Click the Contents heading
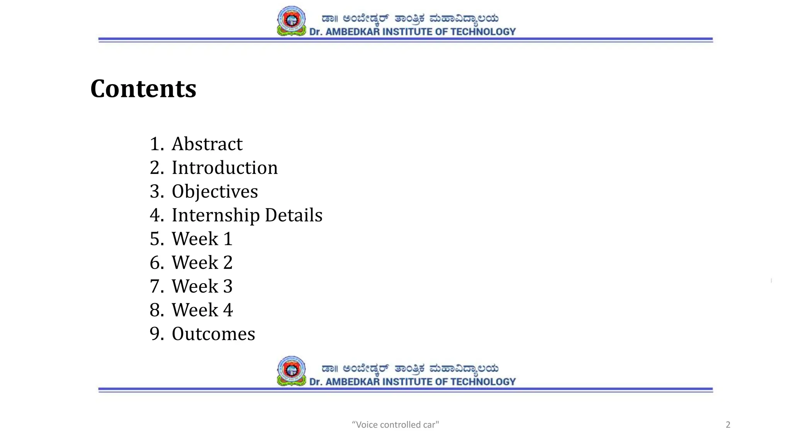[143, 89]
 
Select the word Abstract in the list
[207, 144]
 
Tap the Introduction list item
[224, 168]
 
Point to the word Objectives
[215, 192]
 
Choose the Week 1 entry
[202, 239]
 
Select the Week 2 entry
[202, 263]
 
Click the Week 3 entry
[202, 287]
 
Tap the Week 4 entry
[202, 310]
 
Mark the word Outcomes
[213, 334]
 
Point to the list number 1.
[155, 144]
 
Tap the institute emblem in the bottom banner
[292, 371]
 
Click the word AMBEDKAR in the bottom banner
[353, 382]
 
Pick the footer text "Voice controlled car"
[395, 425]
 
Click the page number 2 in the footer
[728, 425]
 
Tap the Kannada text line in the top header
[410, 19]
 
